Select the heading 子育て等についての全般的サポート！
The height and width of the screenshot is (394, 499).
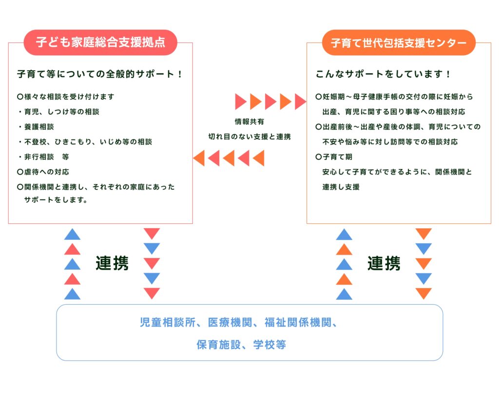[x=100, y=75]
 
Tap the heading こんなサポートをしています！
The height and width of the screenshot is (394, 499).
[x=384, y=75]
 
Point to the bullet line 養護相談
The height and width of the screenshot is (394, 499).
[x=38, y=127]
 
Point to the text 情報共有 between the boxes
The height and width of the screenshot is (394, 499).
[x=249, y=122]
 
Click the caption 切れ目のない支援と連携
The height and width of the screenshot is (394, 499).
[x=249, y=137]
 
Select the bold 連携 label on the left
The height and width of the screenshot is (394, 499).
[x=112, y=263]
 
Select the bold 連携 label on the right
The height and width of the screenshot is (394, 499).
[x=384, y=263]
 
